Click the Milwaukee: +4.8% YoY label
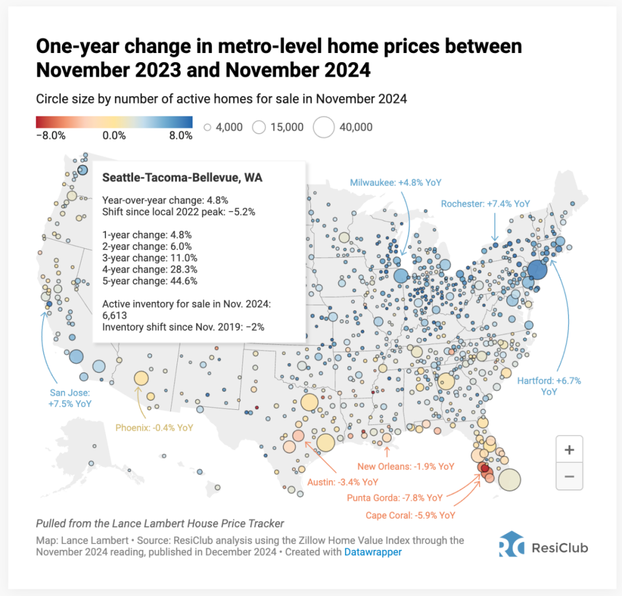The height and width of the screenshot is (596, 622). (395, 183)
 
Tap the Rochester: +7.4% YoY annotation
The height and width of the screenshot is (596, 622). (485, 203)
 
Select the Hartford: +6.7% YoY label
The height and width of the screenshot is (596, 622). (549, 386)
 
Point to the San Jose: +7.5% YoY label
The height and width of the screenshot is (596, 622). (69, 398)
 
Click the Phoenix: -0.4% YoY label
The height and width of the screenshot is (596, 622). (154, 428)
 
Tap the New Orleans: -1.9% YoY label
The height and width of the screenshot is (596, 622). (405, 466)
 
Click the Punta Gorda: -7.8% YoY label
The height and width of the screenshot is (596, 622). (395, 497)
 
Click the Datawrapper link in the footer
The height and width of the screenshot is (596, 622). (373, 552)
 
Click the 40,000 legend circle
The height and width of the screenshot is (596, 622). (324, 127)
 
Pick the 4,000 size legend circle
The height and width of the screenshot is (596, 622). (208, 127)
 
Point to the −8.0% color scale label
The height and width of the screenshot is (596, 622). (51, 136)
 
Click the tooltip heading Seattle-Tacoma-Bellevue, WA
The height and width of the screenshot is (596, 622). (182, 178)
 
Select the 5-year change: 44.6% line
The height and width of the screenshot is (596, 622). (150, 281)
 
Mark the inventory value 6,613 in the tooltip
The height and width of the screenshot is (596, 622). (115, 316)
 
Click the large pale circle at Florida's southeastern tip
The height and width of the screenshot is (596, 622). (509, 480)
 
